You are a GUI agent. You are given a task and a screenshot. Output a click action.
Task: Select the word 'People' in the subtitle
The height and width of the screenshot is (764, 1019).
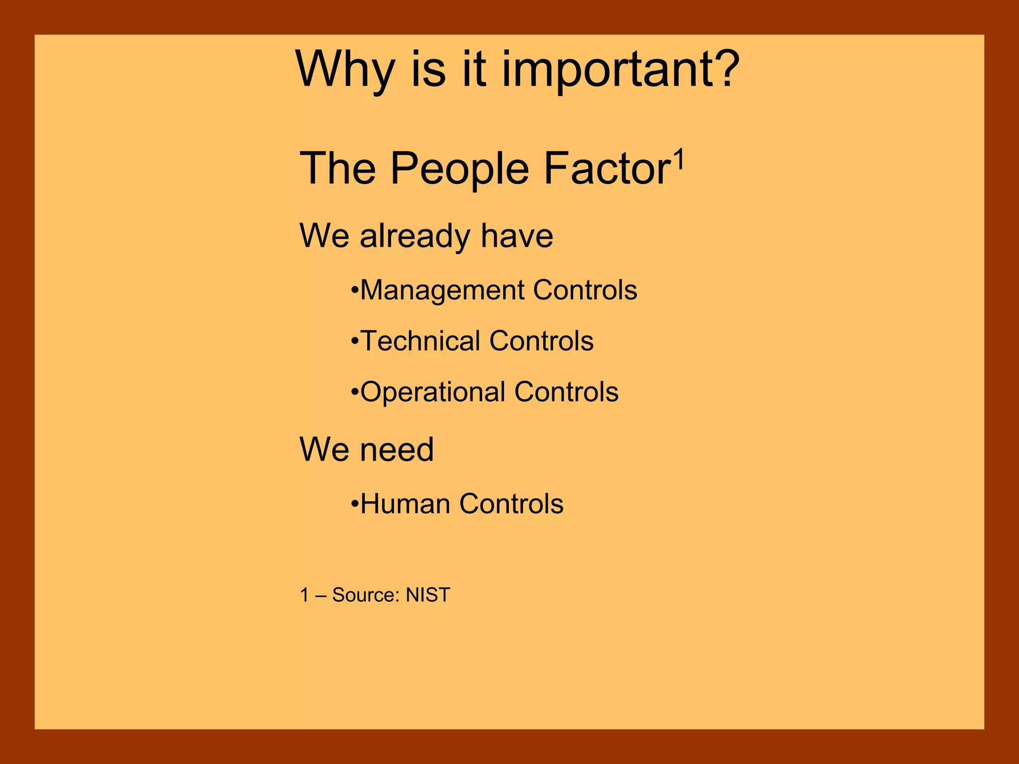(459, 169)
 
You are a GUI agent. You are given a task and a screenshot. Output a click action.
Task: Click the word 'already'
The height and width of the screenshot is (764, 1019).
(414, 236)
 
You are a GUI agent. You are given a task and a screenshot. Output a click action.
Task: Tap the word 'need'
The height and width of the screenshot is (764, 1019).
(397, 450)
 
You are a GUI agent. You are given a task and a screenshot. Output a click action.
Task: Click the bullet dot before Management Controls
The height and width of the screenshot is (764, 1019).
(354, 290)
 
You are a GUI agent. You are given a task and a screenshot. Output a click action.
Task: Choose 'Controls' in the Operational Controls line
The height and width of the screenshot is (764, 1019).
(566, 392)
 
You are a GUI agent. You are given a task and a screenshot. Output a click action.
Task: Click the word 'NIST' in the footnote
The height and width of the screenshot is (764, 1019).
(427, 595)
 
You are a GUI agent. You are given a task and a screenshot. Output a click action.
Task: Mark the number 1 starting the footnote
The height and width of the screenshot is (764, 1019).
(305, 595)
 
